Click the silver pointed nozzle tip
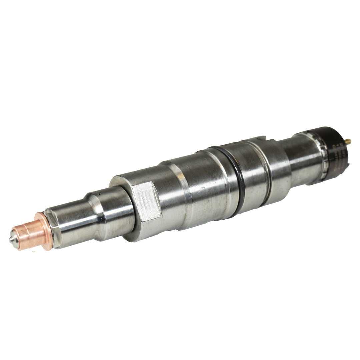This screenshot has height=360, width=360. click(12, 239)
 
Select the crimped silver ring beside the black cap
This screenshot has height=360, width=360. click(317, 157)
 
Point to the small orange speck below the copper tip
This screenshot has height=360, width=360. click(33, 252)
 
